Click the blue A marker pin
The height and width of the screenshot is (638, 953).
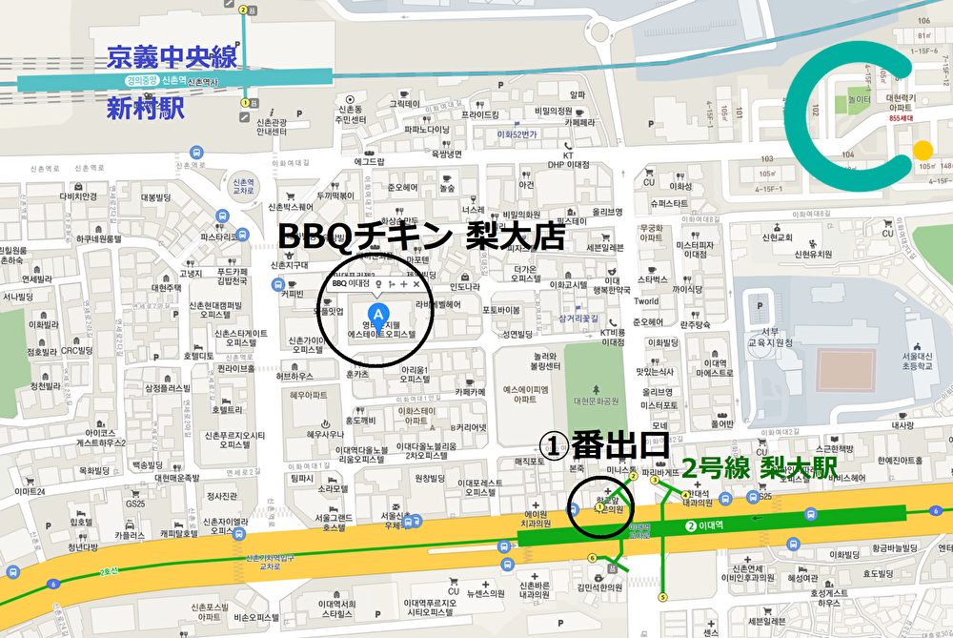[378, 314]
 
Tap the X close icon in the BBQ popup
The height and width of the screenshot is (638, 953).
[416, 284]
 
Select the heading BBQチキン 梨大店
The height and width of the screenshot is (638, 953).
[421, 236]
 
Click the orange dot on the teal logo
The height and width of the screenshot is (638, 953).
[923, 150]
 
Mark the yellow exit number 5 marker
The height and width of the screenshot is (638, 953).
[663, 597]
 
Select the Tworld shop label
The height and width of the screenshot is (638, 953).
[646, 301]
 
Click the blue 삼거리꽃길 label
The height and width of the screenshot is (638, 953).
[578, 319]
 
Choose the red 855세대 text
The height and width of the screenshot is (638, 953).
[901, 118]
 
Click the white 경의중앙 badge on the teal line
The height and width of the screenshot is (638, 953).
[141, 81]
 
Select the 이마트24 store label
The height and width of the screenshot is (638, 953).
[30, 490]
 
